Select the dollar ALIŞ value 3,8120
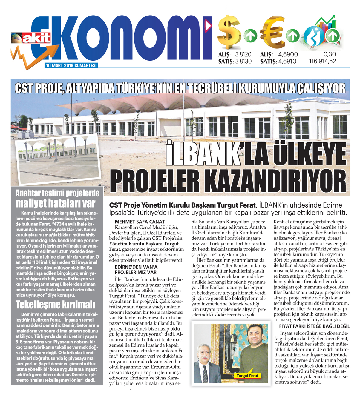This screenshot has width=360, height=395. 243,54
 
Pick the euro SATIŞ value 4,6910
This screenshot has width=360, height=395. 287,62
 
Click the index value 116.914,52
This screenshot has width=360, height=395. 322,62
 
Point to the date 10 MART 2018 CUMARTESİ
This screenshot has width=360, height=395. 71,65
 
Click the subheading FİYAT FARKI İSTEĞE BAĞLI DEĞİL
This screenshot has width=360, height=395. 314,326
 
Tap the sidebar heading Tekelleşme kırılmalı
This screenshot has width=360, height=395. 55,305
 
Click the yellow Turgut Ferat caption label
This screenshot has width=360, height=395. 247,376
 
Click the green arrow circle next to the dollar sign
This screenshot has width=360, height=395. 250,36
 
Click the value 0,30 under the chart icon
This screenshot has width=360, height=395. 330,54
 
